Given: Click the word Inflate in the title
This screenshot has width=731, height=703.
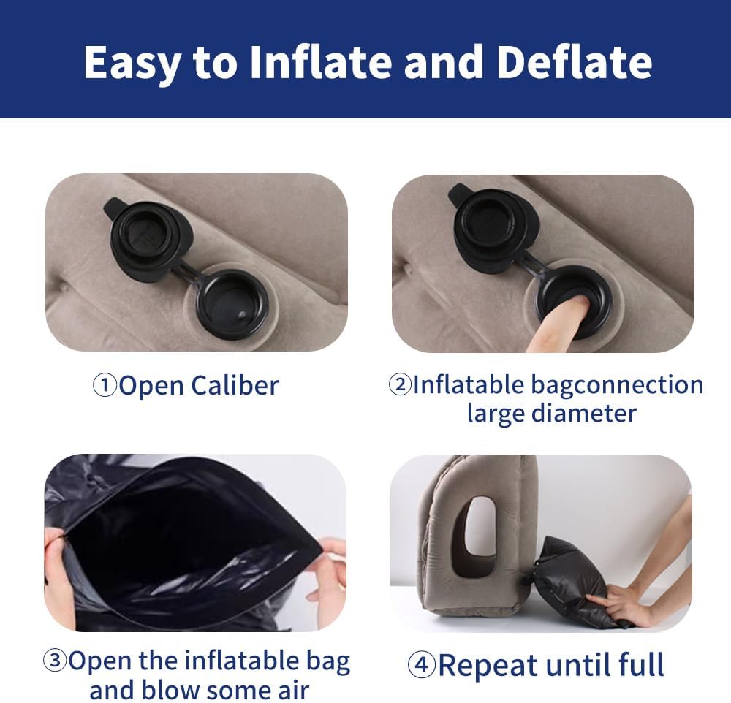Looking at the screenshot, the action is (x=320, y=62).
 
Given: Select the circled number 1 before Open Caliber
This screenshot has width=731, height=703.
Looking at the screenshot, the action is (x=105, y=385).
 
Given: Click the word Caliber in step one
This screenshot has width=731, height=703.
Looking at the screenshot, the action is (x=235, y=386).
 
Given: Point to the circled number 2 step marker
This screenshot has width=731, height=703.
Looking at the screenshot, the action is (x=400, y=385).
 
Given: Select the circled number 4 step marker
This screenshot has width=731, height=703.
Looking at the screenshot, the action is (x=422, y=664).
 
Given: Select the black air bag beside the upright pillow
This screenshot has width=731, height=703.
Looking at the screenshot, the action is (x=576, y=582).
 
